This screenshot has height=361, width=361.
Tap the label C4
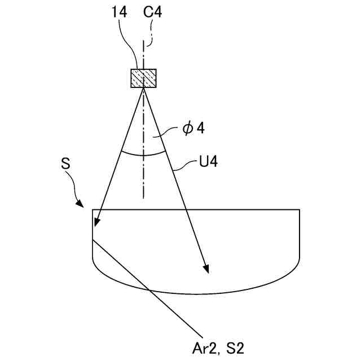click(153, 12)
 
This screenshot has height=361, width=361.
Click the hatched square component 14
click(143, 78)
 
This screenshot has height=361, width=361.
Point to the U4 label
click(208, 163)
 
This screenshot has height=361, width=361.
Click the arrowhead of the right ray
click(206, 270)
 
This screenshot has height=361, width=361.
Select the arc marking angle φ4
click(143, 154)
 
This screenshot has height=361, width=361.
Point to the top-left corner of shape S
click(92, 209)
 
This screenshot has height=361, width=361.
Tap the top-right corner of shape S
click(299, 209)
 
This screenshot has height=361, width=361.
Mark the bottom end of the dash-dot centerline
click(143, 197)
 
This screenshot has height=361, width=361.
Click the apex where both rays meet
click(143, 88)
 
